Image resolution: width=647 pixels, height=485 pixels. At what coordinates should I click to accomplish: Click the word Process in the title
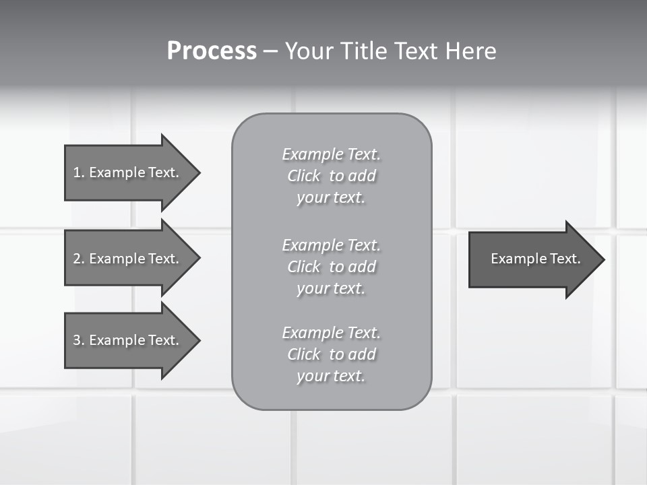pyautogui.click(x=212, y=51)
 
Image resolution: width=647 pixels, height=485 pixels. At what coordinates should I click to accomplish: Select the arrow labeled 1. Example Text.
pyautogui.click(x=126, y=172)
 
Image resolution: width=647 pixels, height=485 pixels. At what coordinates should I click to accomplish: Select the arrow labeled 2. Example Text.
pyautogui.click(x=126, y=259)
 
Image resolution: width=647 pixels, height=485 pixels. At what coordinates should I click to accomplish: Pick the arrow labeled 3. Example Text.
pyautogui.click(x=126, y=340)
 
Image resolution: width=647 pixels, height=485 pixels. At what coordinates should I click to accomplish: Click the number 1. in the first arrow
pyautogui.click(x=79, y=172)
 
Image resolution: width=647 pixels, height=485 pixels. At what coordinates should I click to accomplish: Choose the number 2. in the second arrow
pyautogui.click(x=79, y=259)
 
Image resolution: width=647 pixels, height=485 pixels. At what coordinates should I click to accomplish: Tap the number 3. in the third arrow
pyautogui.click(x=79, y=340)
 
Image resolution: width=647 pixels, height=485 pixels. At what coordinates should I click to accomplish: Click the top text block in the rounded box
pyautogui.click(x=331, y=176)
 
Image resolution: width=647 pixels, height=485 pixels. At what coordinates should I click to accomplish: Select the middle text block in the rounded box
pyautogui.click(x=331, y=266)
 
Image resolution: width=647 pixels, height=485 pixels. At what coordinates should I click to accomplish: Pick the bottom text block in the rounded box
pyautogui.click(x=331, y=354)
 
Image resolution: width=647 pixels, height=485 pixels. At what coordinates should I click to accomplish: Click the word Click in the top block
pyautogui.click(x=304, y=176)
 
